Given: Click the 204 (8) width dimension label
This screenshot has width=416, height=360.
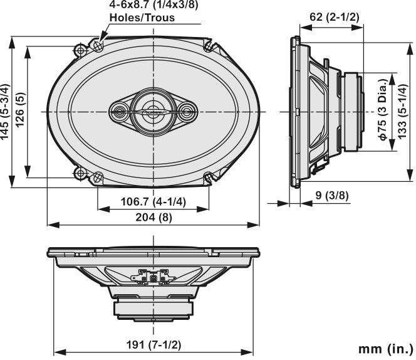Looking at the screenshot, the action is tap(154, 218).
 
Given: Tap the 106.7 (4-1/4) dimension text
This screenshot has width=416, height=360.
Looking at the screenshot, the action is tap(153, 202).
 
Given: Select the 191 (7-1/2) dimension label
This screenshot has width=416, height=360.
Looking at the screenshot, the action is tap(153, 345).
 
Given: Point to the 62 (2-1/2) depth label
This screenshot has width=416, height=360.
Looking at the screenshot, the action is tap(335, 17).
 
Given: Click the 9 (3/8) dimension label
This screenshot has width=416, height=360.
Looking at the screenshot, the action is tap(332, 195).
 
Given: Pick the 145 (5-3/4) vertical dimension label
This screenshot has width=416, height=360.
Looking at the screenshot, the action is tap(5, 112).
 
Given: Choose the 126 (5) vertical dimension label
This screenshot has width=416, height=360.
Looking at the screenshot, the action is tap(20, 110).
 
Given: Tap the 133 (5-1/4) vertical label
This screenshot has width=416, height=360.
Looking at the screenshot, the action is tap(402, 111).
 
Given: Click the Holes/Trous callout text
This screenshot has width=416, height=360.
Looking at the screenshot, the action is tap(142, 18).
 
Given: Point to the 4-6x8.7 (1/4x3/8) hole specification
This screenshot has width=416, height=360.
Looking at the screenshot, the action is tap(154, 5).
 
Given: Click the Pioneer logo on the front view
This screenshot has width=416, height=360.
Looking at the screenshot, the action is tap(154, 112).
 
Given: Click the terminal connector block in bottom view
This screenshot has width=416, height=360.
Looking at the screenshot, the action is tap(153, 277).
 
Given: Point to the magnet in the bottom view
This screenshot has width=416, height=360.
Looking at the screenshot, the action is tap(153, 309).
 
